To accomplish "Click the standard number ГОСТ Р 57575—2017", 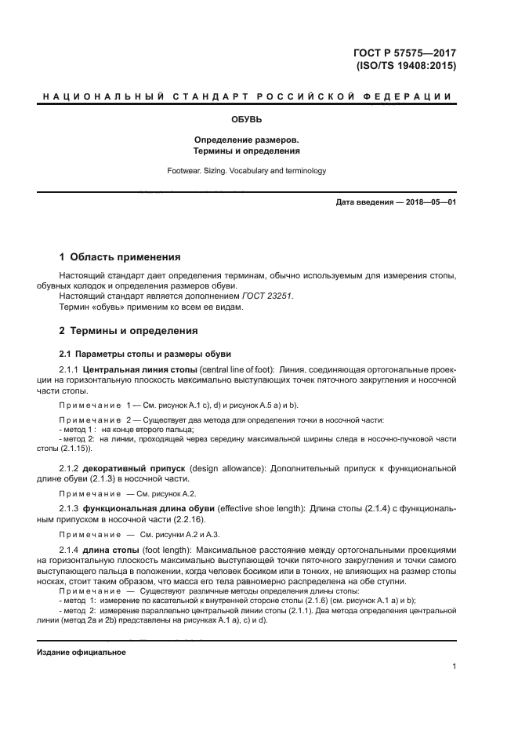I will [x=404, y=53].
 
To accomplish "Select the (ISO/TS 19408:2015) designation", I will [x=405, y=66].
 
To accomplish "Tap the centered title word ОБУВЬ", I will [x=247, y=120].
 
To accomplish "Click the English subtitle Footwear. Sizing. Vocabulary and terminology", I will [x=247, y=170].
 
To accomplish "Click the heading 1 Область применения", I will [x=121, y=256].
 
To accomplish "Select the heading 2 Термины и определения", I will [x=129, y=331].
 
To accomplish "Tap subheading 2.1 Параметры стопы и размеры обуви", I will [x=145, y=354].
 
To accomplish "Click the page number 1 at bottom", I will [x=454, y=667].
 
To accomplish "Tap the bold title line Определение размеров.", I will [x=247, y=139].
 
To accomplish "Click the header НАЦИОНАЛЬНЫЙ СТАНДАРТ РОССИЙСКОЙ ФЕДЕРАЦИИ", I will [x=247, y=96].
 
